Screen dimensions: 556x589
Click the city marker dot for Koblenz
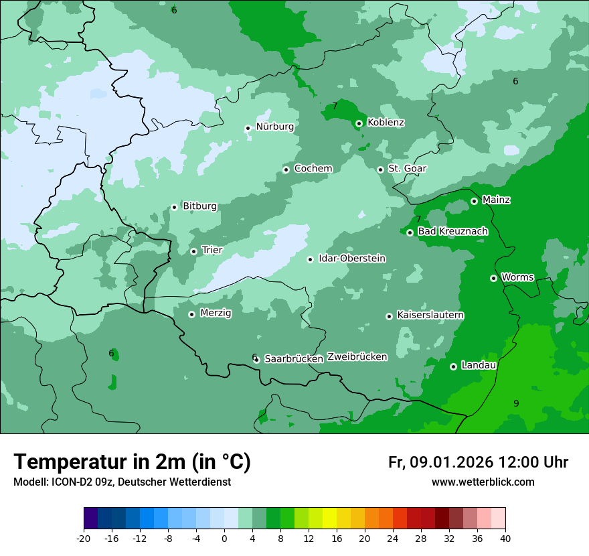coord(359,123)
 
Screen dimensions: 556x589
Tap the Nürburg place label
coord(274,127)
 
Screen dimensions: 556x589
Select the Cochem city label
coord(313,169)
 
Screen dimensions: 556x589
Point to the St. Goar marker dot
coord(380,169)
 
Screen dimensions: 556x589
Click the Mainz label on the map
coord(496,200)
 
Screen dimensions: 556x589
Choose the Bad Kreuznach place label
coord(452,232)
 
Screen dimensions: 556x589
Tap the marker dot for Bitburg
coord(174,207)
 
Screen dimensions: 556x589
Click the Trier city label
coord(212,251)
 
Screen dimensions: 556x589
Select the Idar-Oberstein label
coord(351,259)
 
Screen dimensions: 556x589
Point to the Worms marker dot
coord(493,278)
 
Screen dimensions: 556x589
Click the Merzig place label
coord(216,314)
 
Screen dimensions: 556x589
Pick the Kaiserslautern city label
coord(430,316)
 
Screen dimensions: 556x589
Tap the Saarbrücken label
coord(294,359)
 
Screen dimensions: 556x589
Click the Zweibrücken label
coord(357,357)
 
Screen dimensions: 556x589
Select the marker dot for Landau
coord(453,366)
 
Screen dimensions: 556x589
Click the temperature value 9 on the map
coord(516,403)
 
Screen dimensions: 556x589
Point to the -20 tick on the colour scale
coord(84,538)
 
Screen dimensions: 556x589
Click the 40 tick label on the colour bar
coord(505,538)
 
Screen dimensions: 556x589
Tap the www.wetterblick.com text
coord(483,482)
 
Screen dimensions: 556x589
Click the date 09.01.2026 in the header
coord(451,462)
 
